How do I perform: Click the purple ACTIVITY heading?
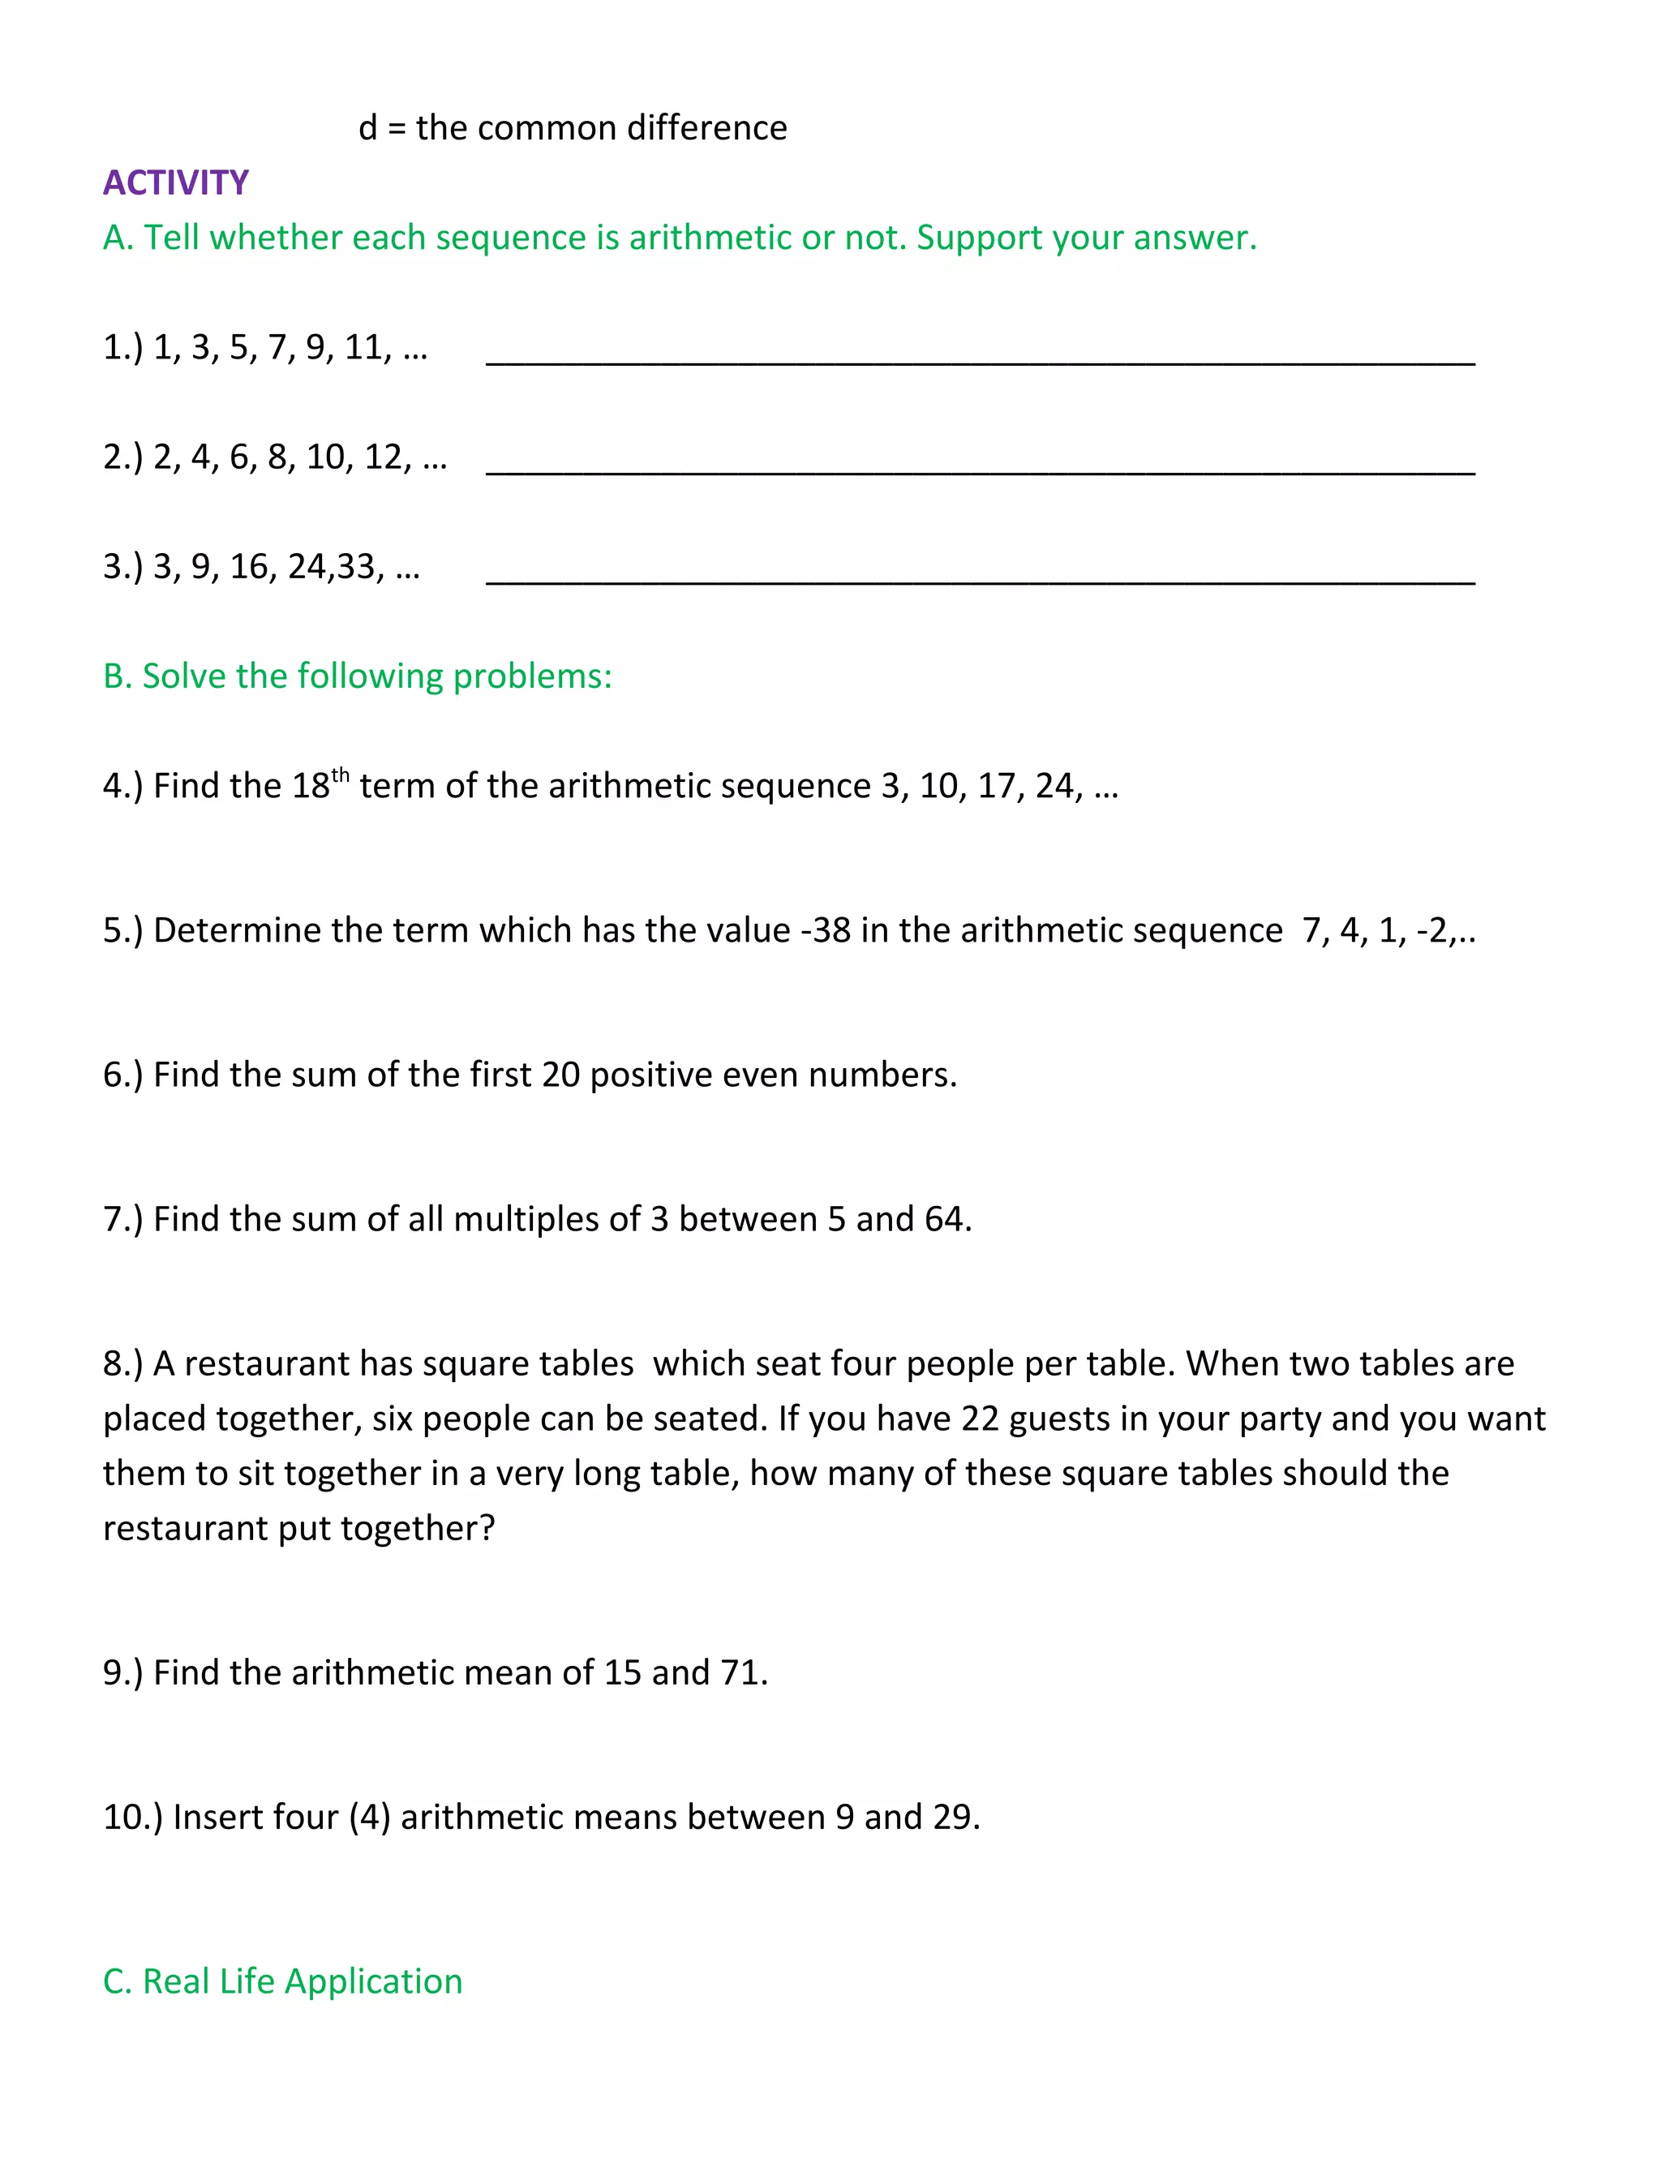(176, 183)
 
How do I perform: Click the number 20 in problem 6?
(560, 1075)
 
